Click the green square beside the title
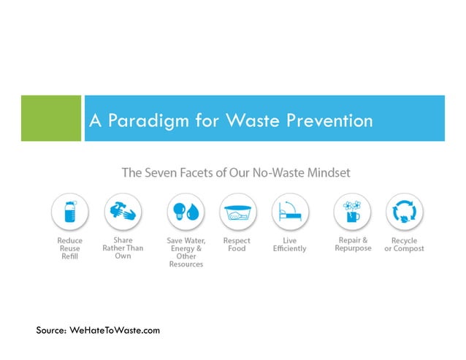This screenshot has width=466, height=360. (50, 118)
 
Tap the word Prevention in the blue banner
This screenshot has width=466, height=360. (333, 120)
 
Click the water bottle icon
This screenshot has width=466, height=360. (70, 212)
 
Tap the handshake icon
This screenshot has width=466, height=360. (122, 212)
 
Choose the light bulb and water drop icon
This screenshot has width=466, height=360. (186, 212)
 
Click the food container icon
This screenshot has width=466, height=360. (237, 212)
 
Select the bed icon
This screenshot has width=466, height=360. (289, 212)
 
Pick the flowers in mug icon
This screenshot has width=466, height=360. (352, 212)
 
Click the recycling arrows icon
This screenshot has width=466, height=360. (404, 212)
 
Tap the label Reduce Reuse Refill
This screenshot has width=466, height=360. (70, 249)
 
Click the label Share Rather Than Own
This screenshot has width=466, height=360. (123, 248)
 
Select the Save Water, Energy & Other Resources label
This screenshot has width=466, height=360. (186, 253)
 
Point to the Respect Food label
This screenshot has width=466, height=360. (237, 245)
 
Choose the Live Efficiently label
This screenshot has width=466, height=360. (289, 245)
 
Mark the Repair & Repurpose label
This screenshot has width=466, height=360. (352, 244)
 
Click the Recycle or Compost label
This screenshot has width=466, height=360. (404, 245)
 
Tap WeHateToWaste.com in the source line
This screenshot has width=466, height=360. (115, 331)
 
